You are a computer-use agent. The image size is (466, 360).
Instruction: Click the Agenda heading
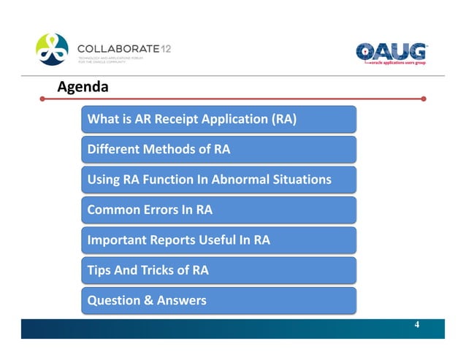pos(83,87)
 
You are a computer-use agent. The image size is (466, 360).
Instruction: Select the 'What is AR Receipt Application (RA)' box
pos(219,119)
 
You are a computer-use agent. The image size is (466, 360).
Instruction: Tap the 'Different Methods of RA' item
pos(219,150)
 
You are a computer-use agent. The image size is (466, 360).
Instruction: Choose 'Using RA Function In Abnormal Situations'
pos(219,180)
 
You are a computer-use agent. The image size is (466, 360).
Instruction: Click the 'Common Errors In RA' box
pos(219,210)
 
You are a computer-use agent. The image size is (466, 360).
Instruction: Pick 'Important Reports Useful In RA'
pos(219,240)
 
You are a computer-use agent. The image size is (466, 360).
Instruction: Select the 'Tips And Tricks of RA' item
pos(219,270)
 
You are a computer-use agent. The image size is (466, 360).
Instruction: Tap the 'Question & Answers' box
pos(219,300)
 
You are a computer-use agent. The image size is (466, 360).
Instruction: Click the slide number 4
pos(416,324)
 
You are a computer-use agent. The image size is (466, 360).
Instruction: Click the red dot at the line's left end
pos(43,97)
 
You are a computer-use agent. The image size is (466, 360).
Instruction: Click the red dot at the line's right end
pos(424,97)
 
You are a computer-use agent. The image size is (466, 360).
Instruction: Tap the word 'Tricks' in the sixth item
pos(159,270)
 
